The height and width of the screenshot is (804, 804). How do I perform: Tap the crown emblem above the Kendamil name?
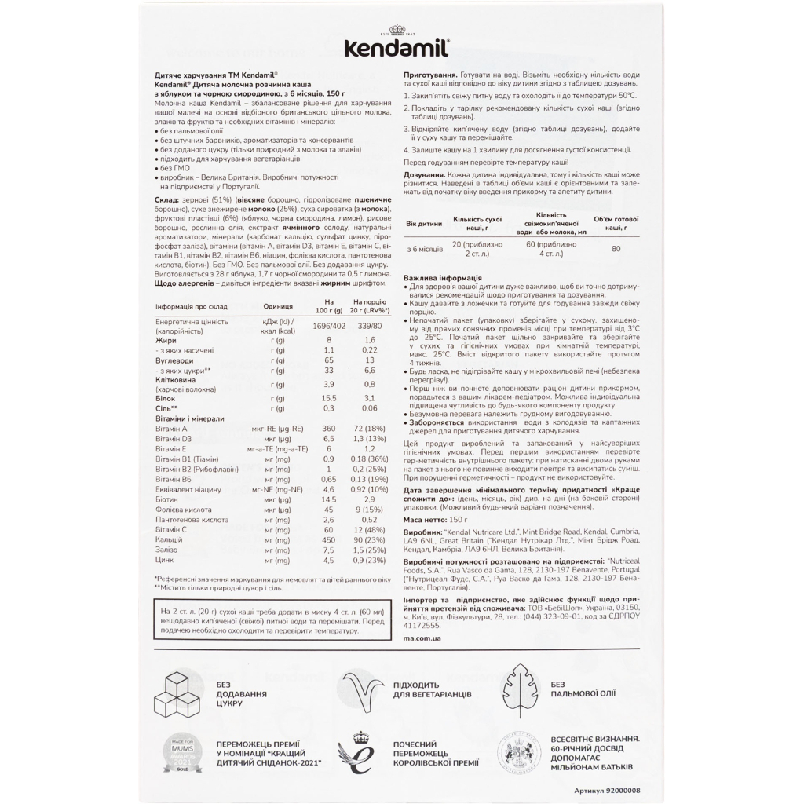(402, 30)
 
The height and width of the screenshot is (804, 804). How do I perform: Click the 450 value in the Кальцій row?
(330, 540)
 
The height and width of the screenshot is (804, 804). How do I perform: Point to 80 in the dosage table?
(615, 249)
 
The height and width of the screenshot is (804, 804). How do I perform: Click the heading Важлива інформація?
(442, 279)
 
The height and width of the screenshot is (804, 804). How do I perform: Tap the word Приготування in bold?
(429, 72)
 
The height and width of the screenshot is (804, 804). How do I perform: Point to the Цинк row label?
(164, 561)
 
